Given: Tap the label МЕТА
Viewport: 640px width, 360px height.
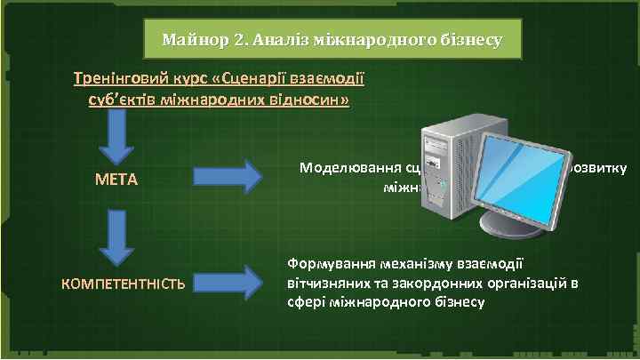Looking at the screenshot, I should coord(116,180).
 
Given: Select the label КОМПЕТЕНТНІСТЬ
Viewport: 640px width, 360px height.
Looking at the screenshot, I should coord(123,284).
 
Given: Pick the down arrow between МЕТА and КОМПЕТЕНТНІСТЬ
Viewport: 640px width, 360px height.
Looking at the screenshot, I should coord(116,236).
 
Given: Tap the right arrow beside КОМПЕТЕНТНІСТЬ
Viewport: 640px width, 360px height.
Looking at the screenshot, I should coord(227,283).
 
